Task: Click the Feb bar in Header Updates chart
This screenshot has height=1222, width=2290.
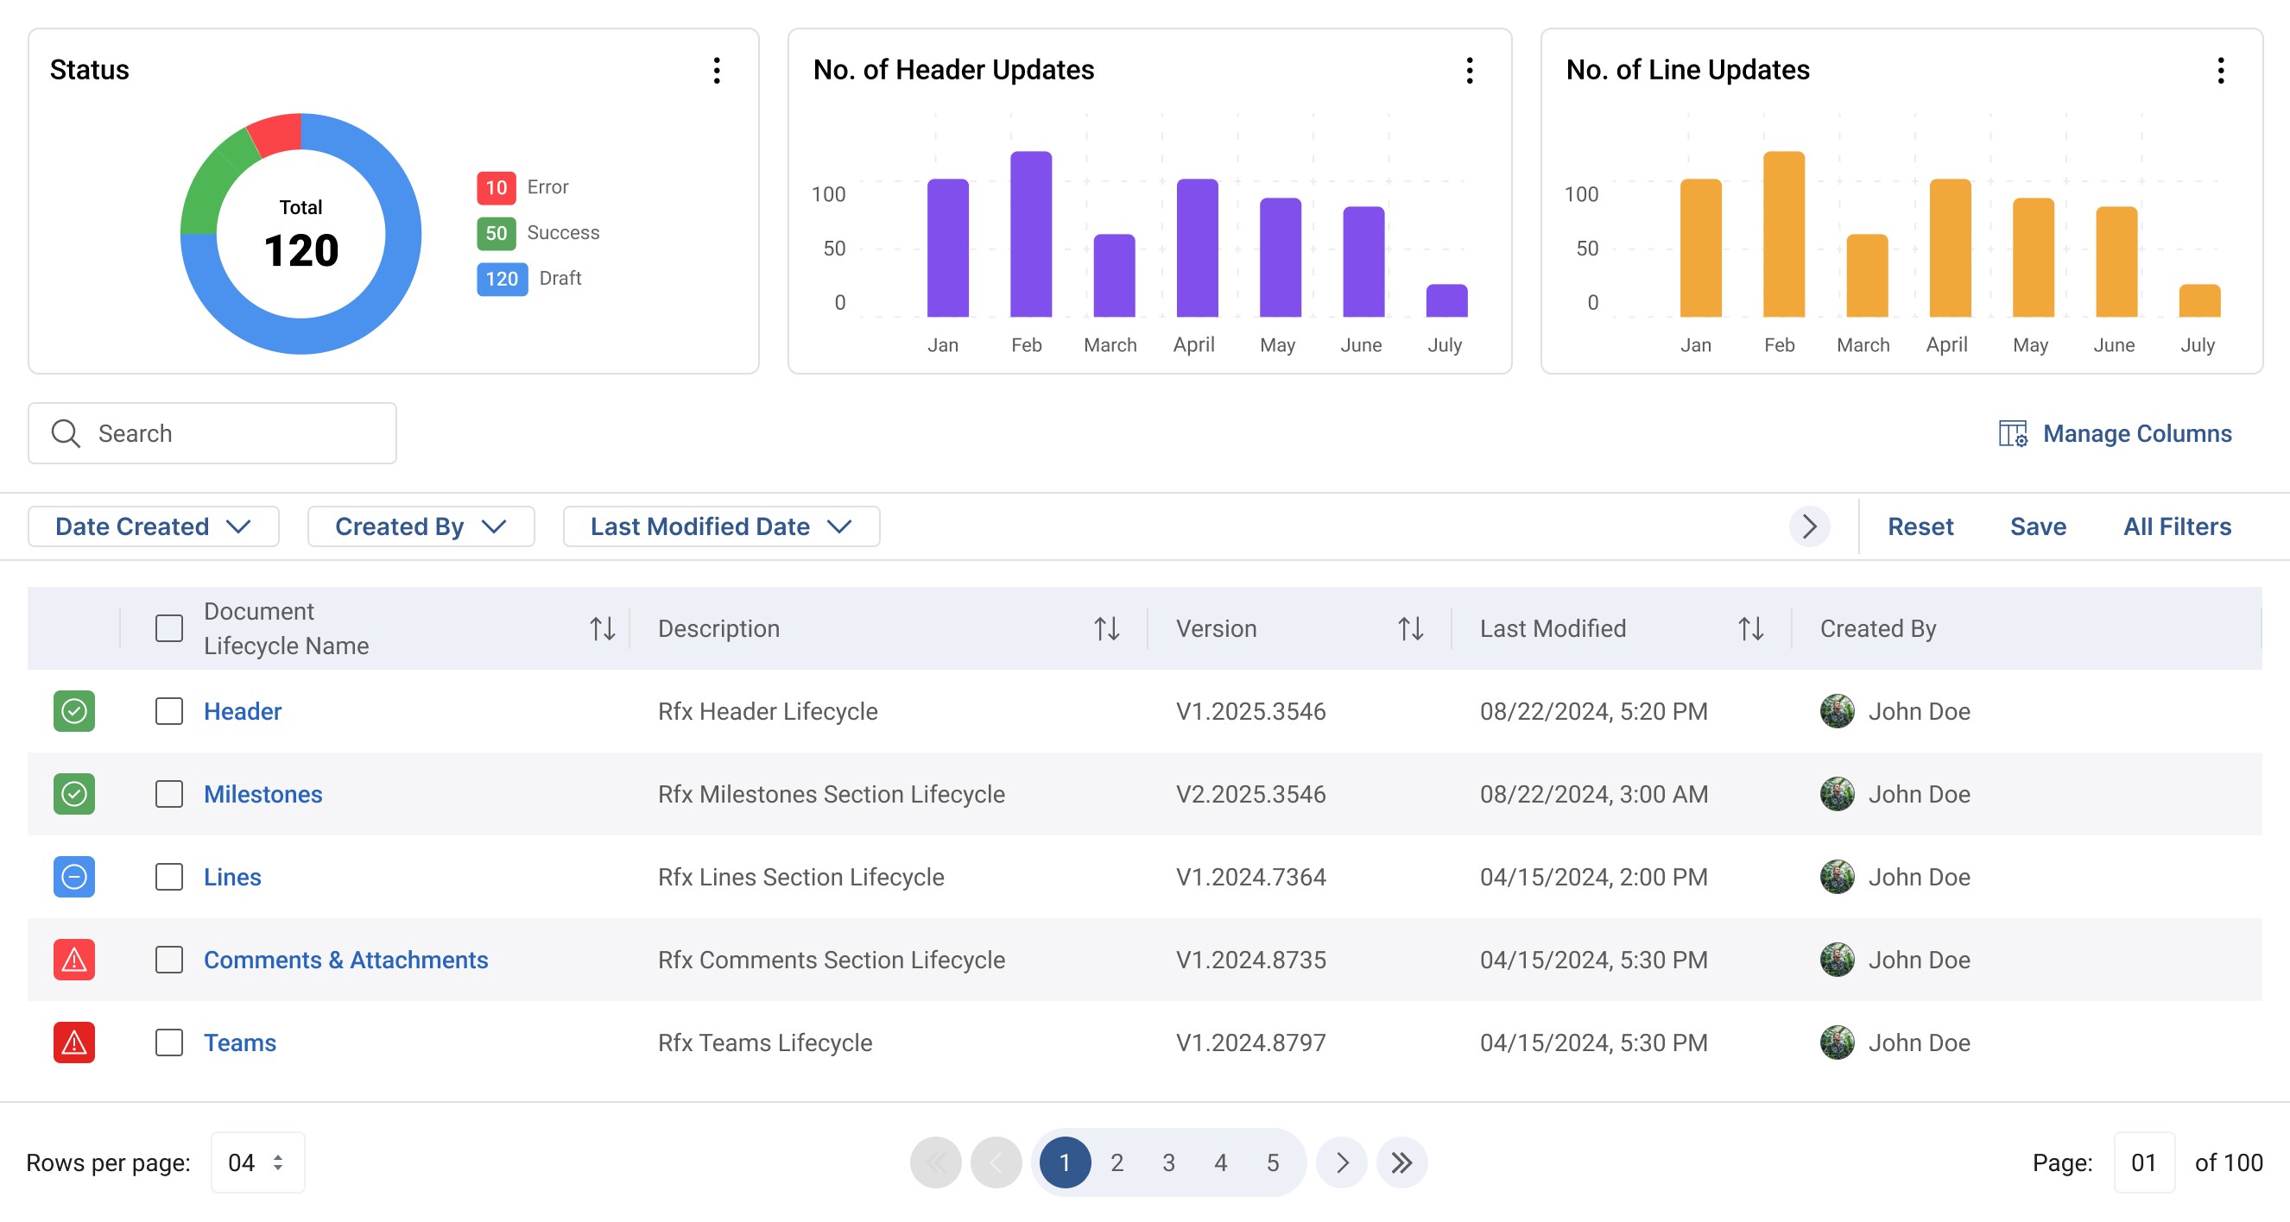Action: [1030, 234]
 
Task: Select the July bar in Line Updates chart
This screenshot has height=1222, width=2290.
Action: [2199, 300]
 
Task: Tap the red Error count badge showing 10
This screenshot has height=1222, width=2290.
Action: [496, 187]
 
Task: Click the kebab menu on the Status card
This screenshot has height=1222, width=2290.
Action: [717, 70]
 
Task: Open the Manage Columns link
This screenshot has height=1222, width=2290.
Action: [2116, 434]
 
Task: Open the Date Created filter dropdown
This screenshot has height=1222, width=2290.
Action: [154, 527]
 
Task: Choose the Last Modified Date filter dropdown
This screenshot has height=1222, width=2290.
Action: [721, 527]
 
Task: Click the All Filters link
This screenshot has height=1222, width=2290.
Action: [2177, 527]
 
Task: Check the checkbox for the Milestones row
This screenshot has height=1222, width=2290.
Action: [169, 794]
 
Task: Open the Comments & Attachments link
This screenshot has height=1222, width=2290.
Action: [345, 960]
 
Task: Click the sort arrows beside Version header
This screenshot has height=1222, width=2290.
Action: [1411, 628]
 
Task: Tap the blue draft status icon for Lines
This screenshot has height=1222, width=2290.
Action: [73, 877]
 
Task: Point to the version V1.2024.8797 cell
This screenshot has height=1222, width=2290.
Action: [1251, 1042]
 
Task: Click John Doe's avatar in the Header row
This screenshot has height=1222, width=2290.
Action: [1837, 711]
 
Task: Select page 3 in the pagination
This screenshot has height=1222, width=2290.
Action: [1169, 1162]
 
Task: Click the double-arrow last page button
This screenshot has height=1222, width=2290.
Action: [1402, 1162]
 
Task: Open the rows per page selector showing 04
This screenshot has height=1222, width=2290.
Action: [258, 1162]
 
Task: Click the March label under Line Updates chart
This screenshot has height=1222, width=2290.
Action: [1863, 345]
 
